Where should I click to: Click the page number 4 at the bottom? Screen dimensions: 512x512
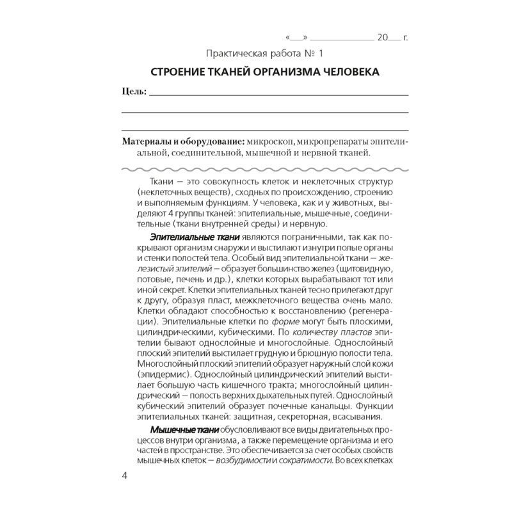pyautogui.click(x=124, y=476)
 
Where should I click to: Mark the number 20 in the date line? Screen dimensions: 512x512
pyautogui.click(x=383, y=37)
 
